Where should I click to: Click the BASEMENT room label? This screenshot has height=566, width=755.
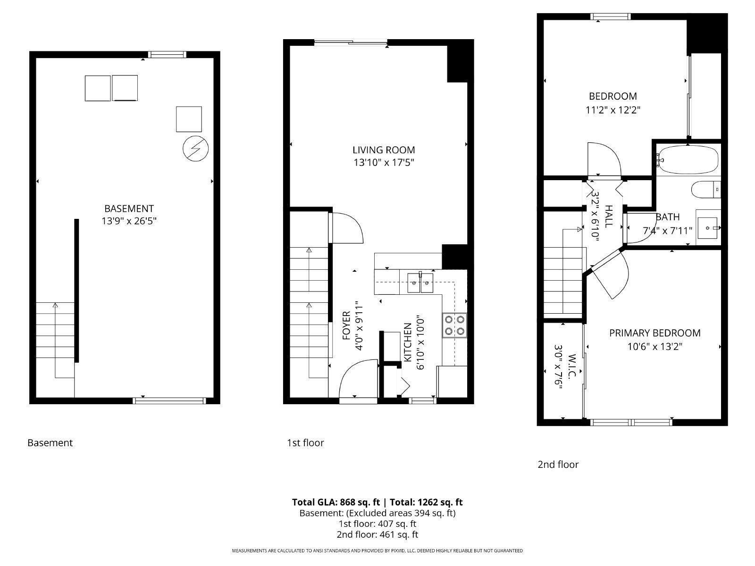[x=129, y=208]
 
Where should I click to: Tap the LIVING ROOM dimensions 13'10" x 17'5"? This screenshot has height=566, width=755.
[x=384, y=163]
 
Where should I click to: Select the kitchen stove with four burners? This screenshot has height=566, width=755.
[x=454, y=325]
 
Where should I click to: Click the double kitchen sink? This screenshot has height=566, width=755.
[x=420, y=283]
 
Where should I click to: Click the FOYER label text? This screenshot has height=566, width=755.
[x=346, y=325]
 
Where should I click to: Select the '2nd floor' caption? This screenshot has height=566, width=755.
[x=558, y=465]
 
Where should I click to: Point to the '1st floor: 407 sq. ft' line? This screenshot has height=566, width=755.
[x=377, y=524]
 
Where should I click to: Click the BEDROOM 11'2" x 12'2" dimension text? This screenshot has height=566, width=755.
[x=612, y=110]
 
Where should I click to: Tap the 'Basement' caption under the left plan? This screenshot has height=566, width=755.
[x=50, y=443]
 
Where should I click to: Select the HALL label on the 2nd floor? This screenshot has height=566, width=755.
[x=609, y=216]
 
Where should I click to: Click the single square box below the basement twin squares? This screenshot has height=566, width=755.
[x=189, y=119]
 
